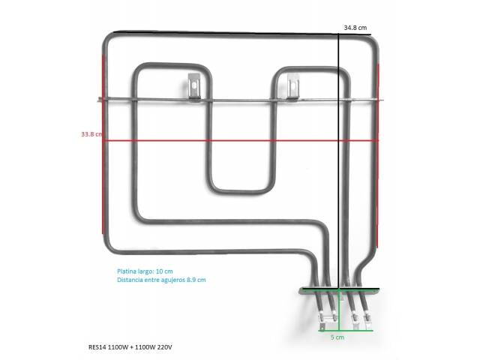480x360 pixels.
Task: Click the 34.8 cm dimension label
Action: pos(355,28)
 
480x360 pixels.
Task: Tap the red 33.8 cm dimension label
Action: pos(91,134)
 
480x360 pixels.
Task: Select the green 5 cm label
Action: pos(337,337)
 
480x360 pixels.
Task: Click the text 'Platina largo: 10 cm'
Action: pos(145,271)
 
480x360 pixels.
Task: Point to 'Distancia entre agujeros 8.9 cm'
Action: pos(161,280)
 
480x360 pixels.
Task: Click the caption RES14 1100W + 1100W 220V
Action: pos(130,347)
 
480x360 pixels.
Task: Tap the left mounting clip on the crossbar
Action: pos(194,86)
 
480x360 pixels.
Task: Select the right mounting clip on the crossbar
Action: pos(292,87)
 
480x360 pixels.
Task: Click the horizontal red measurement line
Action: pos(240,141)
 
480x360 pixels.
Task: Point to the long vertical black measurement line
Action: pos(339,160)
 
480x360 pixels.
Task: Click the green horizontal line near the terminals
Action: pos(345,331)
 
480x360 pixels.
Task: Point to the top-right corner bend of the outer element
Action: pos(374,42)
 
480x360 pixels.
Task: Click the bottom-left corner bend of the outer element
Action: pos(108,247)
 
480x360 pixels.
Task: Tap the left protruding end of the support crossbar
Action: pos(100,99)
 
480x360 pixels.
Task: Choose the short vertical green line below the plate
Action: pos(339,310)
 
